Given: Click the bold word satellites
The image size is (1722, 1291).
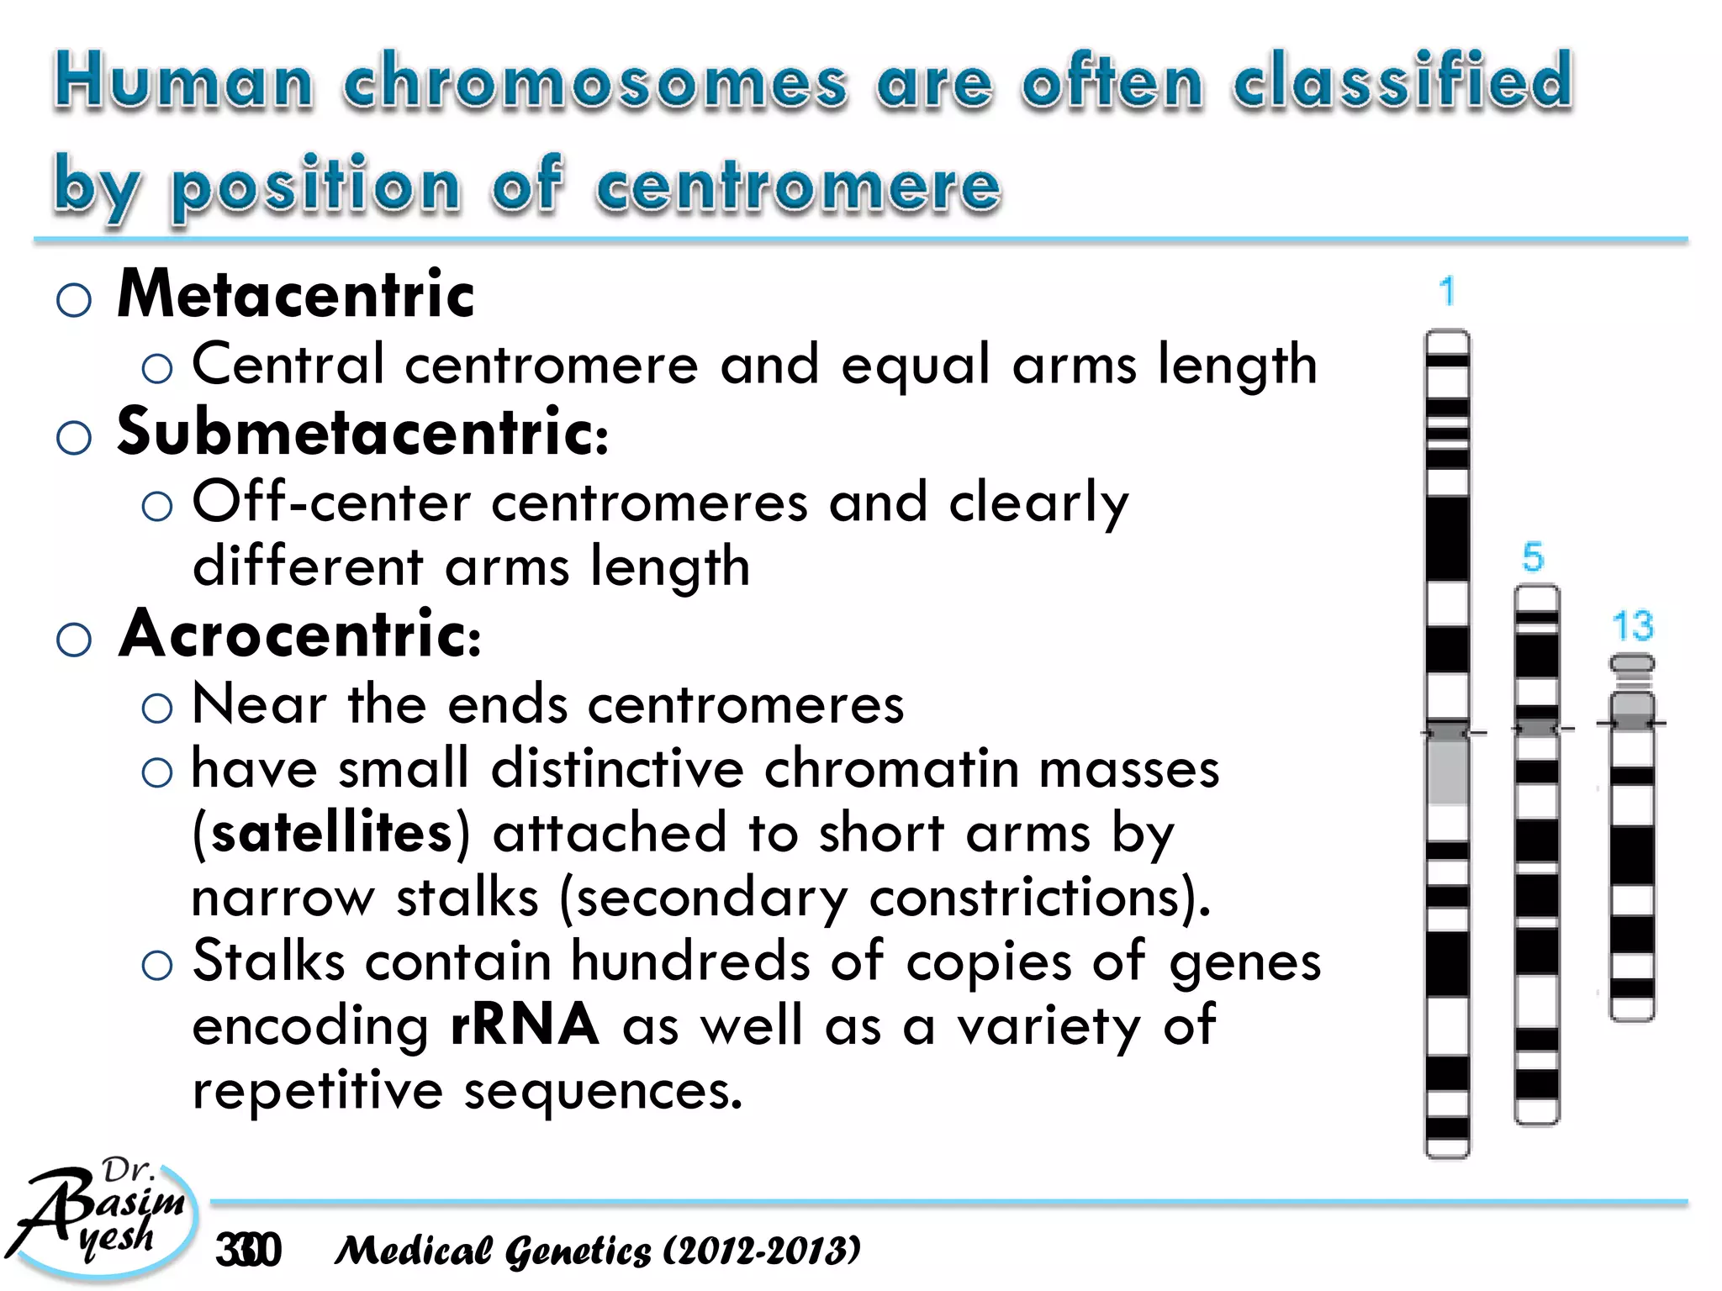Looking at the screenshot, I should [x=331, y=833].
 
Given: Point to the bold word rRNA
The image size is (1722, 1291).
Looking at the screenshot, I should [x=525, y=1025].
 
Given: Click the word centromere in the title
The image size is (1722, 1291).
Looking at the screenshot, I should [x=798, y=184].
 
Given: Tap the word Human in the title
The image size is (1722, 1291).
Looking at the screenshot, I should [x=183, y=82].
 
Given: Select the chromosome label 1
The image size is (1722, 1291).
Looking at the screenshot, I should [x=1446, y=292].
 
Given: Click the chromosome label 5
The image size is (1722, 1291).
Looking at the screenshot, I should [x=1533, y=557].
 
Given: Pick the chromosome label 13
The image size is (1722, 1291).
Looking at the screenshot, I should [x=1632, y=626].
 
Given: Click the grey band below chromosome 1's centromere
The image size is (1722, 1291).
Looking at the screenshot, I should [x=1447, y=769].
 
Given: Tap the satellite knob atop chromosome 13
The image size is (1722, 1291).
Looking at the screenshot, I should [x=1631, y=664].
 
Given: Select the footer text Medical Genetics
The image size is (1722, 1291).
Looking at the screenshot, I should [x=493, y=1251].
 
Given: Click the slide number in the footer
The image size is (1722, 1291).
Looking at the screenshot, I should [x=248, y=1251].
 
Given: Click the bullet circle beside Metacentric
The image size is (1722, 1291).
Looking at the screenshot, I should [x=74, y=299].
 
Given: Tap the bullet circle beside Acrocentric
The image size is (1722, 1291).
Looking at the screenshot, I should [x=74, y=640].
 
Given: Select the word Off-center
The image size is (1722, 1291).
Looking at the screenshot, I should [x=331, y=503].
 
